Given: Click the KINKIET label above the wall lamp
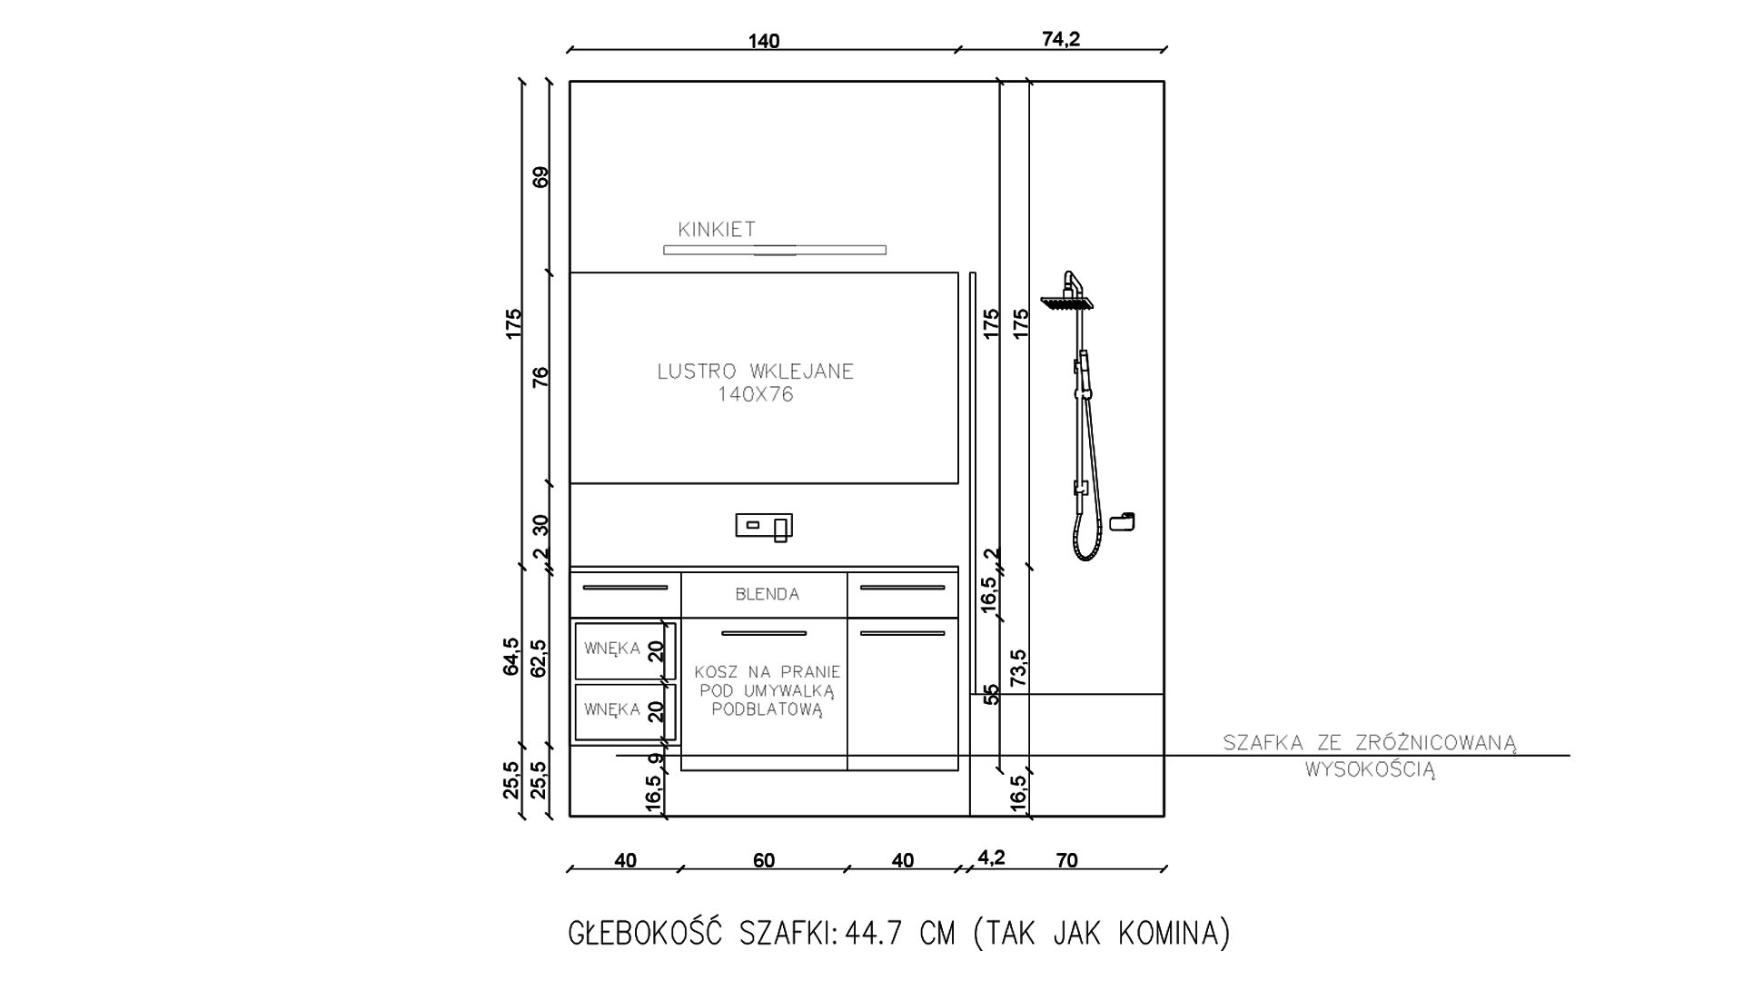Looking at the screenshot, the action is (717, 230).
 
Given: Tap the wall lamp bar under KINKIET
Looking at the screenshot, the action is (775, 250).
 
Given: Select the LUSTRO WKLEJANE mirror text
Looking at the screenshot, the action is (756, 372).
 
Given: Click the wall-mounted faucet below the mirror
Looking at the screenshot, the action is (764, 527).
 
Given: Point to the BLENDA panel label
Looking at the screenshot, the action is (768, 594).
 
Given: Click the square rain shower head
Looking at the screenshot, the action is (1067, 303).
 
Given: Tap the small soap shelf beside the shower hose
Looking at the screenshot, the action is (1124, 521).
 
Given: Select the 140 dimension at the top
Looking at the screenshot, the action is (764, 41).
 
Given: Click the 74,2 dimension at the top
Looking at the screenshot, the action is (1061, 39).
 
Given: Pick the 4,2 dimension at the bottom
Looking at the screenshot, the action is (991, 857).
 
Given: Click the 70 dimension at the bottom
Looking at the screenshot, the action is (1067, 860).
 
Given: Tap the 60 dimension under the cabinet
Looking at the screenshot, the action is (764, 860).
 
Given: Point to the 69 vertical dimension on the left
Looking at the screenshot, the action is (541, 177).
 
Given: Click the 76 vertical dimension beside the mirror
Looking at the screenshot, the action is (541, 377).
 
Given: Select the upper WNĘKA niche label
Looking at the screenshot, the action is (612, 649).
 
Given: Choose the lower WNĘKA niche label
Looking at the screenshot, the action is (612, 708).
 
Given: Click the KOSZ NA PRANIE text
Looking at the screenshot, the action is (768, 672).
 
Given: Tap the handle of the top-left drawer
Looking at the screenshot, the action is (625, 588).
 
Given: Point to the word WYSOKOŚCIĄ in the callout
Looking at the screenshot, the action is (1371, 770).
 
